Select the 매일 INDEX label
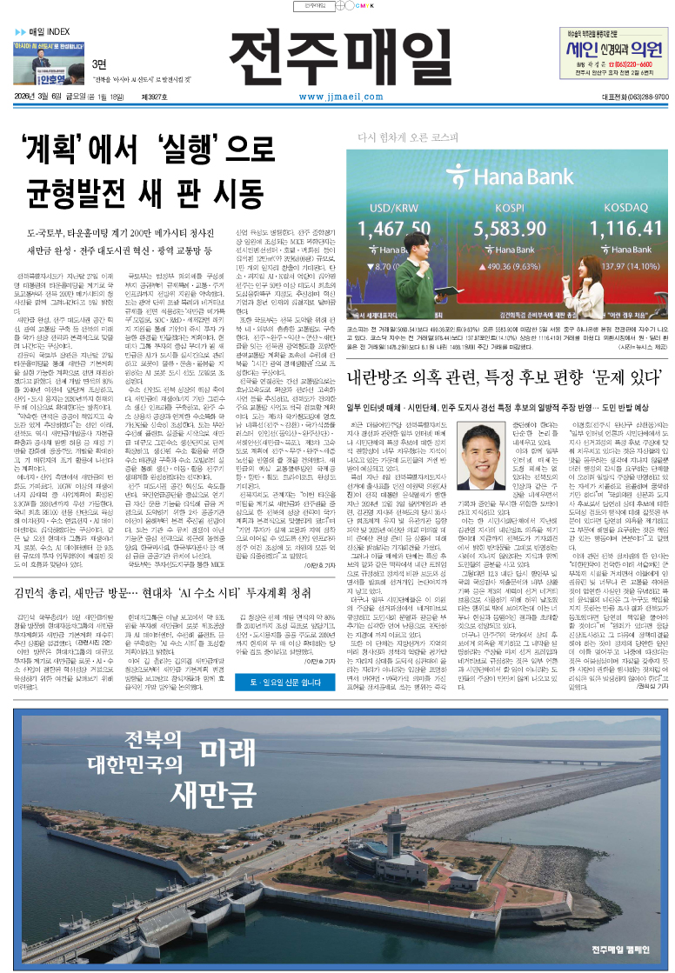point(48,31)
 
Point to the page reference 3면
point(99,63)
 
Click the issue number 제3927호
point(183,97)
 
